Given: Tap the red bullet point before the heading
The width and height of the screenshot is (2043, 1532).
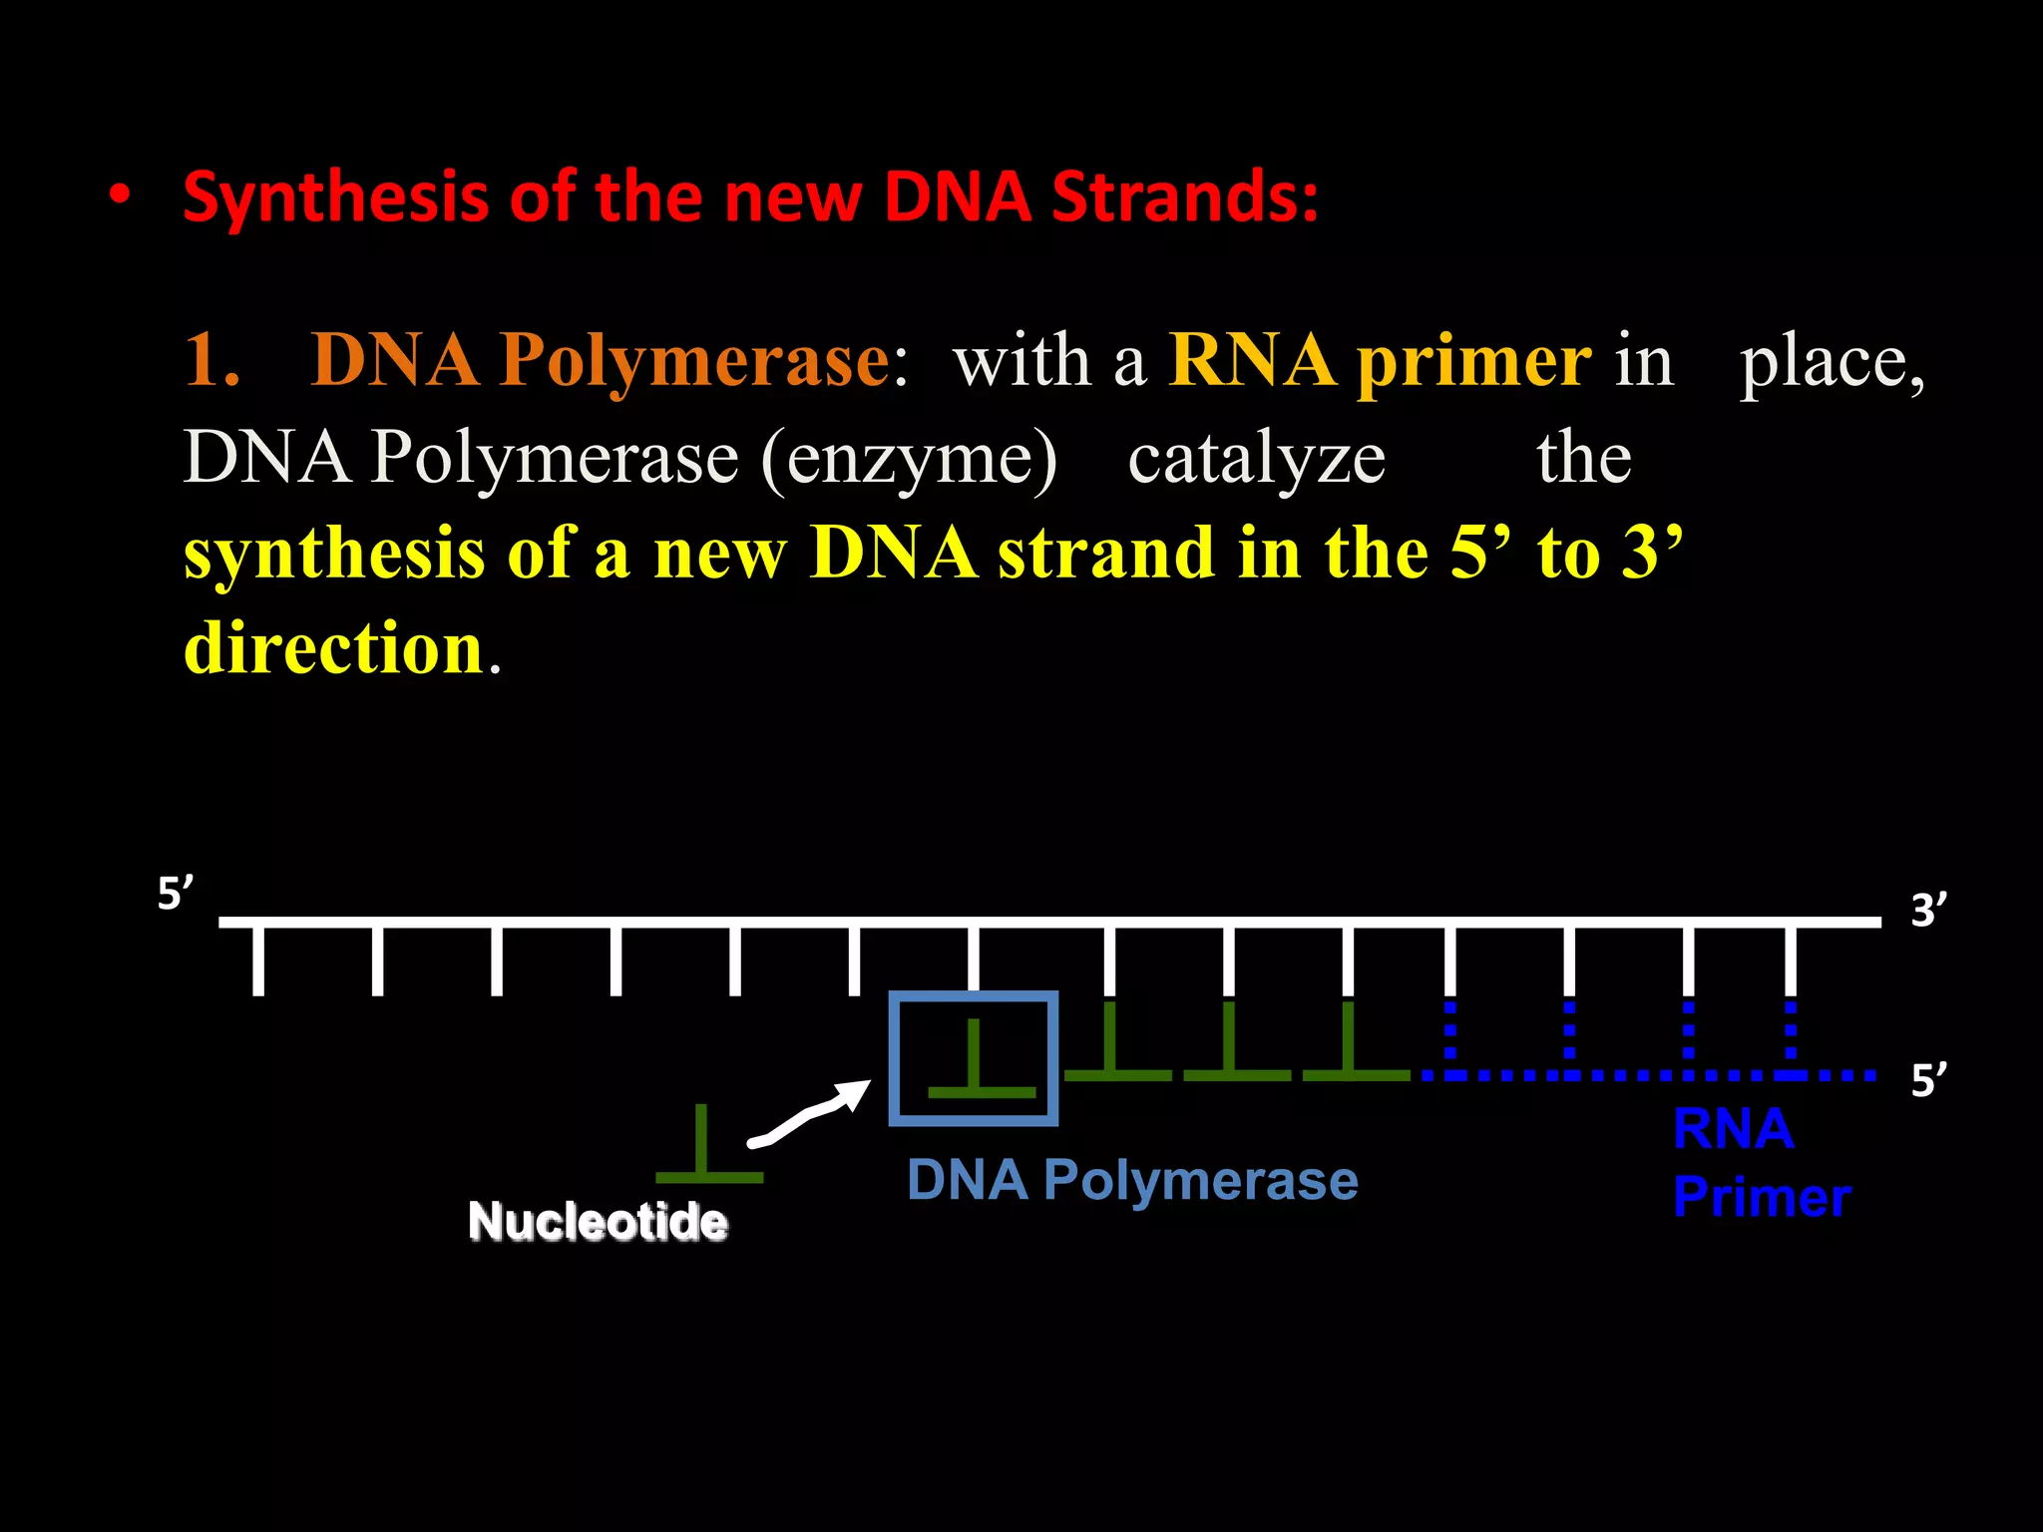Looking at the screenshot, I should pyautogui.click(x=120, y=195).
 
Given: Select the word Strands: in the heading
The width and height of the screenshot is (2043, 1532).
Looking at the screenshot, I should pyautogui.click(x=1185, y=196).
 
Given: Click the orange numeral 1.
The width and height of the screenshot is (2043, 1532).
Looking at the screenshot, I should pyautogui.click(x=211, y=360).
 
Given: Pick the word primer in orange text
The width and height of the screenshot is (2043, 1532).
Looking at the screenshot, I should pyautogui.click(x=1474, y=361).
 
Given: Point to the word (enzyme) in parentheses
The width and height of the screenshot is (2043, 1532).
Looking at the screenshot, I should pyautogui.click(x=908, y=460).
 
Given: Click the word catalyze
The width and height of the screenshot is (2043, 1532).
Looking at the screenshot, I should pyautogui.click(x=1256, y=460).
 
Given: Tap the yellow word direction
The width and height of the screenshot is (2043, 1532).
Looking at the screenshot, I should pyautogui.click(x=334, y=648).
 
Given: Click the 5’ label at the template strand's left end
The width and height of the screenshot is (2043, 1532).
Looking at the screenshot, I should pyautogui.click(x=176, y=894).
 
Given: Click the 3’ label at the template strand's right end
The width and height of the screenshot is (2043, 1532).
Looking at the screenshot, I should pyautogui.click(x=1928, y=911).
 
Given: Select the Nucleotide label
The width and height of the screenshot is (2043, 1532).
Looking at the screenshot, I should pyautogui.click(x=598, y=1222).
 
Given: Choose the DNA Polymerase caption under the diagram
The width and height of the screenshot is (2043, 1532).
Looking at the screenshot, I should pyautogui.click(x=1132, y=1181).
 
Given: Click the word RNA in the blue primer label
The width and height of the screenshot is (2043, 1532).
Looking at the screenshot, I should pyautogui.click(x=1733, y=1130).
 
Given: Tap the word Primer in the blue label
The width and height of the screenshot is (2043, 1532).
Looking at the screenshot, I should pyautogui.click(x=1762, y=1197).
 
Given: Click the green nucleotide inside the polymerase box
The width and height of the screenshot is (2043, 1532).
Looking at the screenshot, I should pyautogui.click(x=978, y=1067).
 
